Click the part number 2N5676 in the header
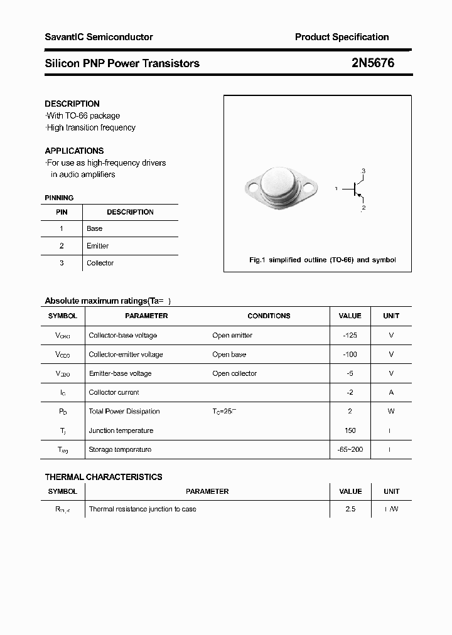[x=373, y=63]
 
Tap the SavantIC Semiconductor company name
[x=99, y=37]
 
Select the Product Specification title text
[x=342, y=37]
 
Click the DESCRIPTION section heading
[x=72, y=104]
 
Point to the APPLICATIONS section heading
[x=74, y=151]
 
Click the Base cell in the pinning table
[x=94, y=228]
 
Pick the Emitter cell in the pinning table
[x=97, y=246]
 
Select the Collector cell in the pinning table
[x=100, y=263]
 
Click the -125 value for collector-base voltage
[x=350, y=335]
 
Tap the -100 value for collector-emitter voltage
[x=350, y=355]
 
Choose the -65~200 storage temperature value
[x=350, y=449]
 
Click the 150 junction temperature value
[x=350, y=430]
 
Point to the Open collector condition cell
[x=234, y=373]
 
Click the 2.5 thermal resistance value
[x=350, y=509]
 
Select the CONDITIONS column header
[x=269, y=316]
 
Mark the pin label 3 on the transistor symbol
[x=363, y=171]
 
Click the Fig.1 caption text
[x=322, y=260]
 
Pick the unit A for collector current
[x=391, y=392]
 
